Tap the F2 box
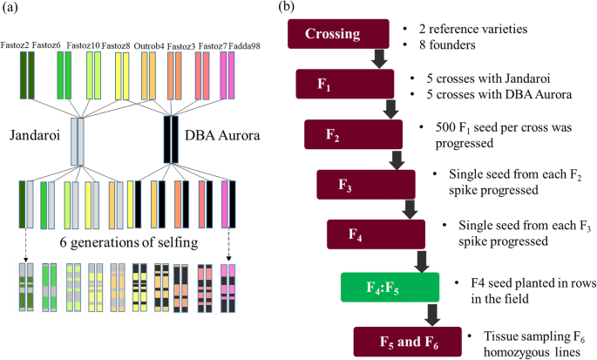coord(353,134)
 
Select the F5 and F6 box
coord(406,339)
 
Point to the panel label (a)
coord(10,8)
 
